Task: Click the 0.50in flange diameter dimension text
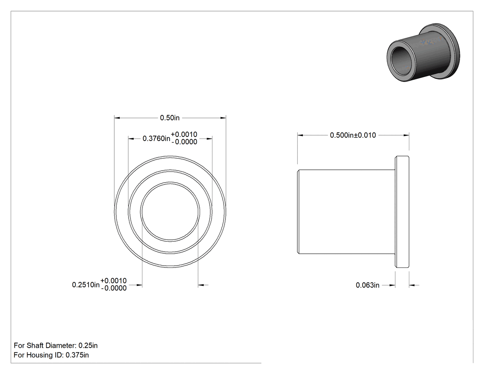(x=170, y=118)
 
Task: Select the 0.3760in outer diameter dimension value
(x=156, y=139)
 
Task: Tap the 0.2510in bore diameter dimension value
(x=86, y=285)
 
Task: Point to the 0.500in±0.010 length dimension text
(x=353, y=135)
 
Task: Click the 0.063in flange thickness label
(x=367, y=285)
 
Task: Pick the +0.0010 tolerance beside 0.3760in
(x=184, y=134)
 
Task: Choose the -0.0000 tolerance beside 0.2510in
(x=113, y=288)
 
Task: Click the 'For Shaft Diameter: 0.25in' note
(x=56, y=345)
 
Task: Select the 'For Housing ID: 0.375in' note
(x=51, y=355)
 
